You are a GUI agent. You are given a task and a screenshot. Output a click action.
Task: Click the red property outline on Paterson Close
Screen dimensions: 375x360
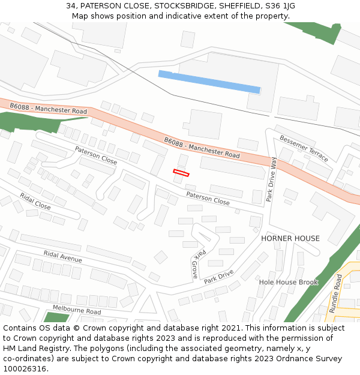(x=181, y=173)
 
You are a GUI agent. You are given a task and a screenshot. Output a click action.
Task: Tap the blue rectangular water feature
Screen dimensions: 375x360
(x=209, y=82)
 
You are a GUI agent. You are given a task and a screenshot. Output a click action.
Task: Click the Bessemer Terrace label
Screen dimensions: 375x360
(x=304, y=148)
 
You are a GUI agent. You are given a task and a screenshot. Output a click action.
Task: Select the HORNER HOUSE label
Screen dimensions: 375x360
(x=290, y=238)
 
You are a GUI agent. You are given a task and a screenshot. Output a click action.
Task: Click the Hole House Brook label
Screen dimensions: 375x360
(x=288, y=282)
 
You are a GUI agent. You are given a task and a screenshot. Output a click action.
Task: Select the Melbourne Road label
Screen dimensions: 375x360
(x=76, y=310)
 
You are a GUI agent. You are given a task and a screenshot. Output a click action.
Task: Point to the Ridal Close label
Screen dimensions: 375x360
(x=35, y=201)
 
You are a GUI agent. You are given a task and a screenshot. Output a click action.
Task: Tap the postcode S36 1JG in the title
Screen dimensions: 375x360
(x=281, y=5)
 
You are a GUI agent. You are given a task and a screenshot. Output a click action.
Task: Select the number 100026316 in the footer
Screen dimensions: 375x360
(x=25, y=368)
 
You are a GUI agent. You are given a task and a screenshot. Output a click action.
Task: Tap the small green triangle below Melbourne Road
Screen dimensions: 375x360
(x=56, y=317)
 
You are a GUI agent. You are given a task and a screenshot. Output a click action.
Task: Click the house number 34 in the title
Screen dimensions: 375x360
(x=71, y=5)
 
